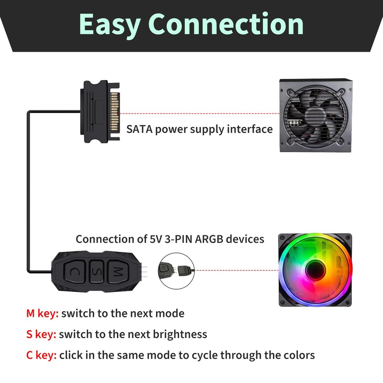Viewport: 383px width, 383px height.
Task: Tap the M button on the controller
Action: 116,272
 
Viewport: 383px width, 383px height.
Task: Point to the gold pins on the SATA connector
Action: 115,112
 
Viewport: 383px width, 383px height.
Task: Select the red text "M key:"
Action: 42,314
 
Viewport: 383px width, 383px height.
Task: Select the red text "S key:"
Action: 41,334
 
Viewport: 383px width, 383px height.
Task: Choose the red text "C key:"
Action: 42,355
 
